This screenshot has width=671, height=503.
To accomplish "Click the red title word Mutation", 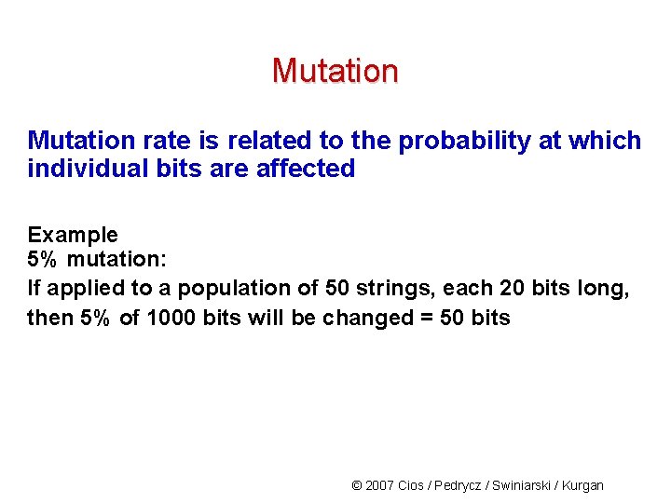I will point(335,71).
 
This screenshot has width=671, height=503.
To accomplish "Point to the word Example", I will point(73,235).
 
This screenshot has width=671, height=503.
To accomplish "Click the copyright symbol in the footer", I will point(356,485).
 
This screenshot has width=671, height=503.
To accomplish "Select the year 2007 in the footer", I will point(379,485).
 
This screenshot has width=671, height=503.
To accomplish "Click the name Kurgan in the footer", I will point(584,485).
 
